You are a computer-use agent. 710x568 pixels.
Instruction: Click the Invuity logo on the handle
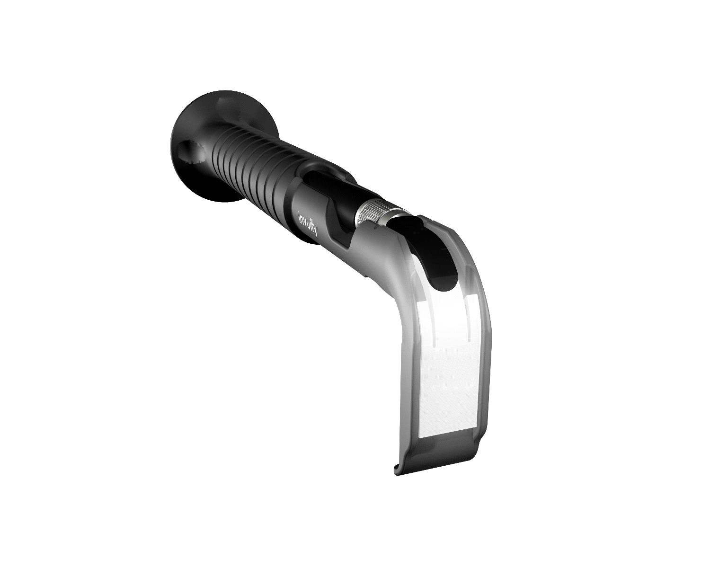(x=308, y=223)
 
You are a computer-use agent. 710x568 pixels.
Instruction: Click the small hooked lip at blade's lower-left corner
(x=398, y=479)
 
